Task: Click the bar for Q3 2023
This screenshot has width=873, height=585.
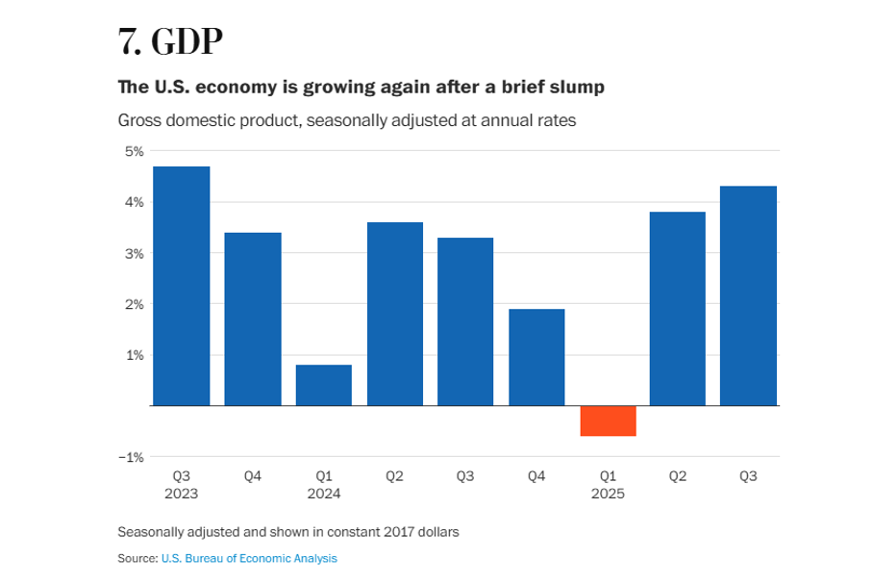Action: pyautogui.click(x=182, y=286)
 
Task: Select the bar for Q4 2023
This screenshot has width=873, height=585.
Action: pyautogui.click(x=253, y=318)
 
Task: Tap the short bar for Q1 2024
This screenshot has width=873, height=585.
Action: pyautogui.click(x=324, y=385)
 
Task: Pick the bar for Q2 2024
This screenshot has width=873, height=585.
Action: pyautogui.click(x=395, y=314)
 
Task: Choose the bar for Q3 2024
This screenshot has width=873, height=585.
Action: pyautogui.click(x=465, y=321)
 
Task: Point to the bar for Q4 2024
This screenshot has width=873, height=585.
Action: pyautogui.click(x=536, y=357)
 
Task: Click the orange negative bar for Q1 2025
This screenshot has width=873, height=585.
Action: pyautogui.click(x=608, y=420)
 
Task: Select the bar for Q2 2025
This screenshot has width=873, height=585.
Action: pyautogui.click(x=678, y=308)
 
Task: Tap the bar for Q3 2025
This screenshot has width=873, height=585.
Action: pyautogui.click(x=749, y=295)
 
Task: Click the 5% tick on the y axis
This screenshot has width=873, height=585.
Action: pyautogui.click(x=133, y=151)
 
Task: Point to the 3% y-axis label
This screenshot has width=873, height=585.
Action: pyautogui.click(x=133, y=253)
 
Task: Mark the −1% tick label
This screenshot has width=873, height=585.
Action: pyautogui.click(x=131, y=456)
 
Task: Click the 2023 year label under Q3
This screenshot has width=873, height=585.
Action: pyautogui.click(x=182, y=494)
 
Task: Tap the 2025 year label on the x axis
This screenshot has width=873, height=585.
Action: pyautogui.click(x=608, y=494)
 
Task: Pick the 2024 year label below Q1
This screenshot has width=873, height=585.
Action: pyautogui.click(x=324, y=494)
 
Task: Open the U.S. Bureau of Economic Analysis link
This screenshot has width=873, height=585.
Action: pyautogui.click(x=249, y=558)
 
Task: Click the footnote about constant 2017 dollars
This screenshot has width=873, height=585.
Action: pyautogui.click(x=288, y=531)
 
